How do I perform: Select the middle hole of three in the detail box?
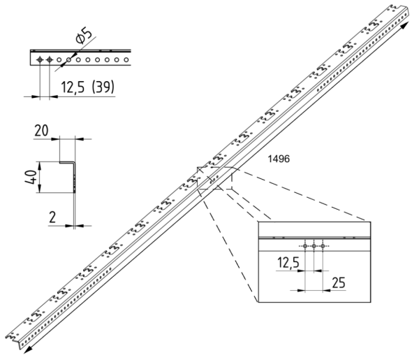click(x=314, y=245)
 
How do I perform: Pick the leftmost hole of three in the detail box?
click(x=306, y=245)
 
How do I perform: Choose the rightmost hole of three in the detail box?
click(x=323, y=245)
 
